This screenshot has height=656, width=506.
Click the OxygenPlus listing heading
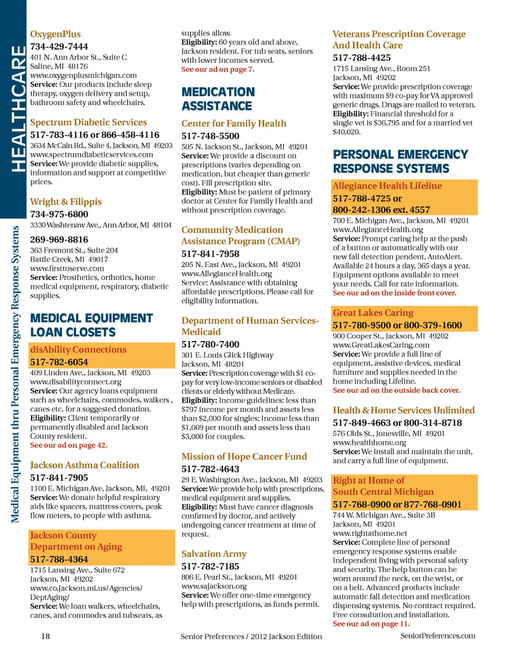pos(55,34)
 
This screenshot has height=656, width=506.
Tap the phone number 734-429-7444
pos(59,46)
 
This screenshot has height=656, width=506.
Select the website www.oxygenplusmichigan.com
pos(83,75)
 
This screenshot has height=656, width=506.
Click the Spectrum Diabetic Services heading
pos(89,122)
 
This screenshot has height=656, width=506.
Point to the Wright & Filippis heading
pos(66,202)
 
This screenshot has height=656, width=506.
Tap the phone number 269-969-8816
pos(59,240)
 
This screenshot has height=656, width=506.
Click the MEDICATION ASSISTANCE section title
pos(218,99)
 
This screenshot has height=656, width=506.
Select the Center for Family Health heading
pos(233,124)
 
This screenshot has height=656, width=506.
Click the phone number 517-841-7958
pos(210,254)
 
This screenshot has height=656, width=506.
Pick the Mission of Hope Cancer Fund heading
pos(244,457)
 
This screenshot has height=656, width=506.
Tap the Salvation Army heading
pos(214,554)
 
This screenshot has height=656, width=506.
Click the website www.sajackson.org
pos(214,586)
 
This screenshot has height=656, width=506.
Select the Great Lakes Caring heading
pos(373,313)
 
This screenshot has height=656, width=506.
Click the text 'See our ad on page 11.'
pos(371,624)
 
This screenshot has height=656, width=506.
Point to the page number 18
pos(46,637)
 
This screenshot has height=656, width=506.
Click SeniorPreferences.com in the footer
pos(437,636)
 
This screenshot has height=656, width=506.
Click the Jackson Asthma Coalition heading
pos(84,465)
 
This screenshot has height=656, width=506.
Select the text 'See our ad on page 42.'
pos(69,445)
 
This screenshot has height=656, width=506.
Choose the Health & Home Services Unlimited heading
pos(403,410)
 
